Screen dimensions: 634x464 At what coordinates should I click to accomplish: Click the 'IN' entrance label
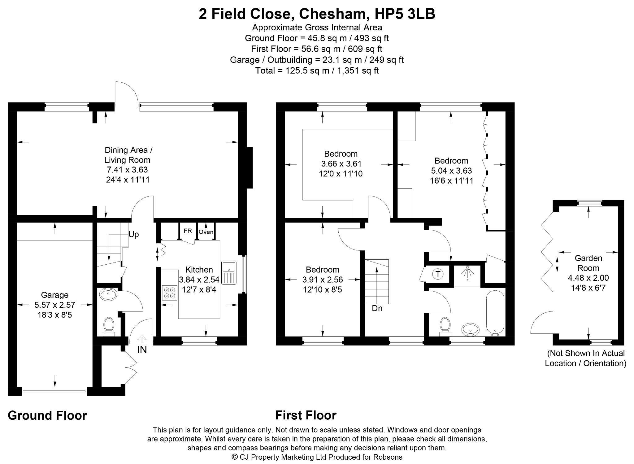(142, 350)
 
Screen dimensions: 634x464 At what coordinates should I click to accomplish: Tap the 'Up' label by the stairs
(134, 235)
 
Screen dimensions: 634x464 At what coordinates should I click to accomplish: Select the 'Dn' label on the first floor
(377, 308)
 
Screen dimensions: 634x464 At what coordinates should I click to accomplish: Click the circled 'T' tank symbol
(438, 274)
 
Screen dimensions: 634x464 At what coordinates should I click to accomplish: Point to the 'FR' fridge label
(188, 231)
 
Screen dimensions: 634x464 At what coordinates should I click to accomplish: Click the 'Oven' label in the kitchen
(206, 232)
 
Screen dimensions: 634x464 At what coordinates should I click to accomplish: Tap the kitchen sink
(229, 273)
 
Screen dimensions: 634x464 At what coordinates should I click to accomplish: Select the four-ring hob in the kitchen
(170, 293)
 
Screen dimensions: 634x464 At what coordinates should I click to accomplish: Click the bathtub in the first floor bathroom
(495, 313)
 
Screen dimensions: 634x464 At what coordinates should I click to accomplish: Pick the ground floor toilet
(108, 327)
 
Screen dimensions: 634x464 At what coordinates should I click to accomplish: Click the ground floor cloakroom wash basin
(108, 294)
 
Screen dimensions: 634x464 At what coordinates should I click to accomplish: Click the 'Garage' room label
(54, 295)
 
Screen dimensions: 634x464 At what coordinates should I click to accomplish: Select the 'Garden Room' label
(588, 263)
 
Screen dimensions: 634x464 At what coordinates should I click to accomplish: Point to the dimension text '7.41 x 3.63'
(127, 170)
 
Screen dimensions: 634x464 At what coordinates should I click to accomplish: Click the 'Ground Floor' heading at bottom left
(47, 415)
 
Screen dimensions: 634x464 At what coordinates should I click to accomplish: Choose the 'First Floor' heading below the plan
(306, 415)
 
